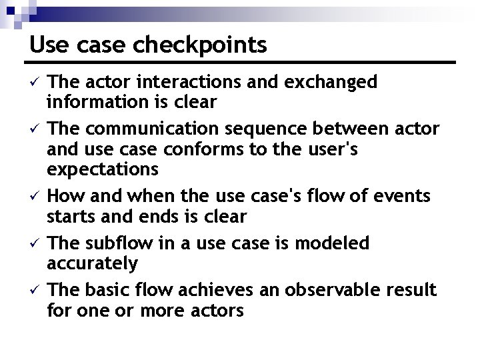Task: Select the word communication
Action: click(x=153, y=127)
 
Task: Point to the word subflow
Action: click(x=117, y=243)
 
